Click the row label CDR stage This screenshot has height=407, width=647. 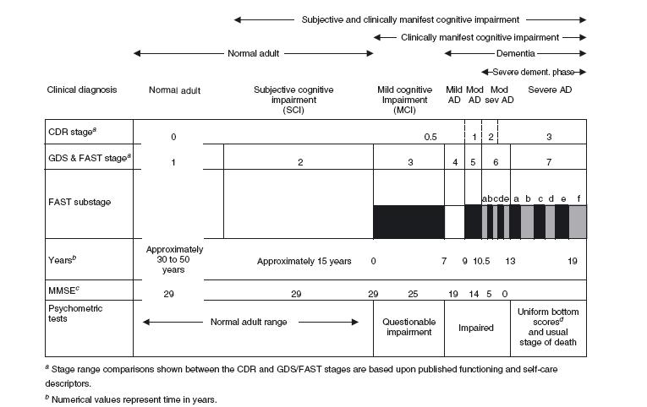click(71, 132)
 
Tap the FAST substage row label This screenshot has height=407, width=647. click(80, 203)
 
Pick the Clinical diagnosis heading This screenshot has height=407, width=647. click(82, 90)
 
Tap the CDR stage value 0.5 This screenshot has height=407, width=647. click(431, 137)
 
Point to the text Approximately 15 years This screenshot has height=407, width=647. click(304, 261)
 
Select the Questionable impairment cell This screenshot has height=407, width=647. click(408, 327)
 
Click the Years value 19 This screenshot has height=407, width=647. click(573, 261)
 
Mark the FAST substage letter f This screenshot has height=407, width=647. click(578, 198)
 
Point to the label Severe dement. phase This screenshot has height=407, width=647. click(533, 72)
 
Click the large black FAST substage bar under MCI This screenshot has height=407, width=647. click(408, 221)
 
